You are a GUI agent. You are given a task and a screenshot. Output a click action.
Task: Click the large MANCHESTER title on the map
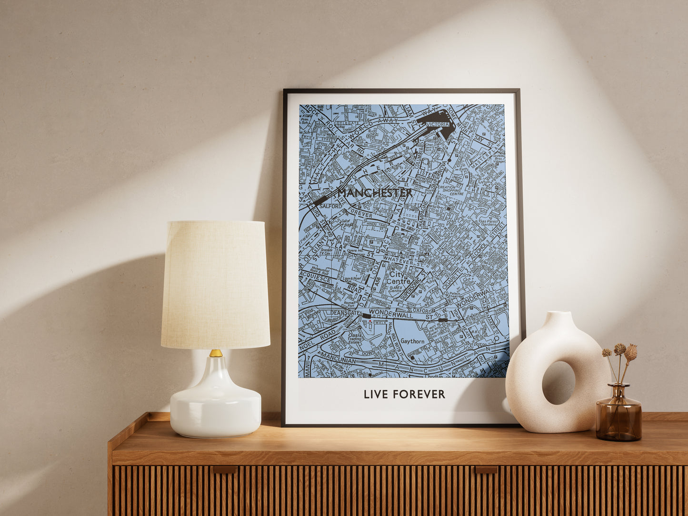[375, 193]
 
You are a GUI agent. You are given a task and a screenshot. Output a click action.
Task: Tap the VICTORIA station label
[438, 124]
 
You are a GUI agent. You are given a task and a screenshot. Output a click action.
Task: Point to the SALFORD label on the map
[331, 206]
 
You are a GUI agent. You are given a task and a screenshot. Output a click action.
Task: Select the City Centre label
[400, 278]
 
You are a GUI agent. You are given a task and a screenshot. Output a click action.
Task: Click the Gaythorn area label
[412, 341]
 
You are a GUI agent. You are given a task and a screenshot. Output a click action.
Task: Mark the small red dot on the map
[370, 322]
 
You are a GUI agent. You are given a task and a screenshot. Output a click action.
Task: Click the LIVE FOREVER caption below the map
[404, 394]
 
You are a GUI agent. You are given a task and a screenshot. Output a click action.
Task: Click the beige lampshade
[216, 284]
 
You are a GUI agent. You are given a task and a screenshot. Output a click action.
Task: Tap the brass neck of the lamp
[216, 353]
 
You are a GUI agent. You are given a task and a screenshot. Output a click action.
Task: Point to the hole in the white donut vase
[558, 382]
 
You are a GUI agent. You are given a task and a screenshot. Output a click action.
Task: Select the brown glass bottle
[618, 415]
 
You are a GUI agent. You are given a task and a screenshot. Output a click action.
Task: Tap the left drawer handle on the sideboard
[225, 469]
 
